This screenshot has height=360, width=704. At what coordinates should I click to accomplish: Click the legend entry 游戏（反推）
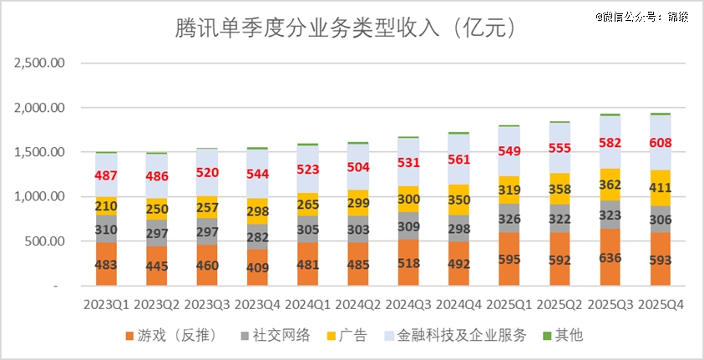coord(171,336)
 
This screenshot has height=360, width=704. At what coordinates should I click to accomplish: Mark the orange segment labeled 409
coord(258,268)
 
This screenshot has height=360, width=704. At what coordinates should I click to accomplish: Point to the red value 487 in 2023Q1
coord(107,176)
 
